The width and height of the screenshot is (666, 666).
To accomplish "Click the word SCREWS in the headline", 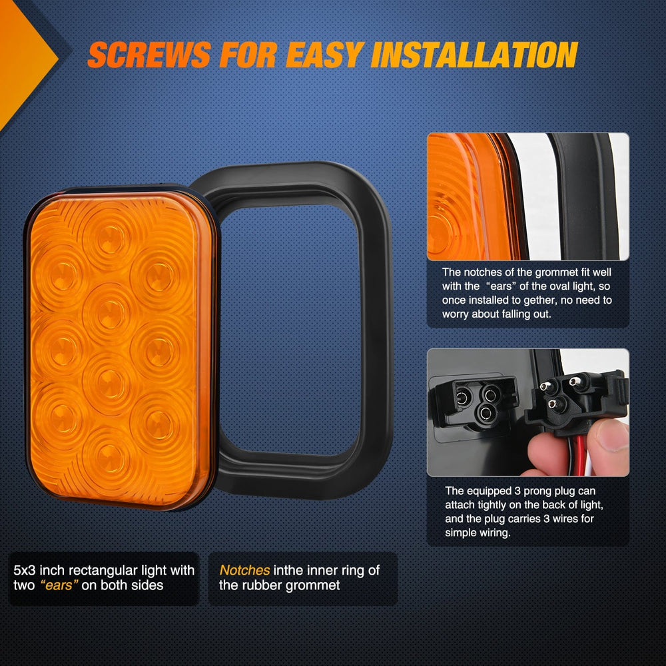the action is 149,55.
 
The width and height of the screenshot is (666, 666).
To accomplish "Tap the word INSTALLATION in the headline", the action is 474,55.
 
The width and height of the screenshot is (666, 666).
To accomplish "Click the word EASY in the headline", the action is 325,55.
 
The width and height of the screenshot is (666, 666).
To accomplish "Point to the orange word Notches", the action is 244,570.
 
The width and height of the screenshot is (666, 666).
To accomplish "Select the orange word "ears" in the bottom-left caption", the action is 59,585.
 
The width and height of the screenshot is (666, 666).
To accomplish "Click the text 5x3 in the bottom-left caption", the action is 24,570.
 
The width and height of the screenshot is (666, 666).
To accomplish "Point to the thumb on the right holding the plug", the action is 608,447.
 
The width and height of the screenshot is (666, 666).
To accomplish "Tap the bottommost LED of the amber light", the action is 110,459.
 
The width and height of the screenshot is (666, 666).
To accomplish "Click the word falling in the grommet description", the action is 513,314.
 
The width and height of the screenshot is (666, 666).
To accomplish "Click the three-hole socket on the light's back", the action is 477,401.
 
